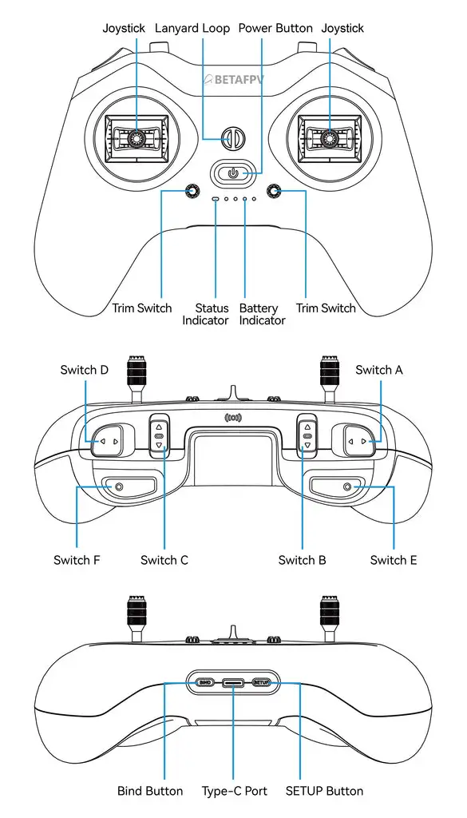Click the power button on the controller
(232, 173)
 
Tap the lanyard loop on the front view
(232, 138)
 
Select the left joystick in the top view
(136, 138)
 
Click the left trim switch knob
(192, 191)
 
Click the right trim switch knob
(275, 191)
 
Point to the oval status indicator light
(216, 198)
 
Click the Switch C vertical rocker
(159, 436)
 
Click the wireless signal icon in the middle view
(233, 417)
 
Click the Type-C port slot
(234, 683)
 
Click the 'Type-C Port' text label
(234, 791)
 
